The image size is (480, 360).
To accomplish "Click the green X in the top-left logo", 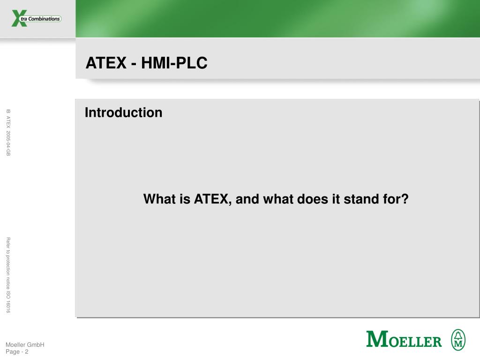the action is point(19,18).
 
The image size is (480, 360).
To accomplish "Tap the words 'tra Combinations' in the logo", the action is point(40,19).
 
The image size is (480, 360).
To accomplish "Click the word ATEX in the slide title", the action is point(106,63).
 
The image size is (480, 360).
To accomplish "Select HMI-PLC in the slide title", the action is point(174,63).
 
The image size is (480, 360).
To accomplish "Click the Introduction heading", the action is point(123,112).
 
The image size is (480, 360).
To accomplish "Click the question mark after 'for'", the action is point(405,199).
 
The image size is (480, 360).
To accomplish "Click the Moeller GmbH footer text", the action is point(25,345).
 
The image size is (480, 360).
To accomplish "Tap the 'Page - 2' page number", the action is point(17,352).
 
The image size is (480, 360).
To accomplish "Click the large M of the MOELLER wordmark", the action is point(377,339).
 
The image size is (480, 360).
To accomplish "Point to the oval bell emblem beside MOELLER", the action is point(458,340).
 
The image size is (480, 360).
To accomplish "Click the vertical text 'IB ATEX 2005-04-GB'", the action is point(8,133).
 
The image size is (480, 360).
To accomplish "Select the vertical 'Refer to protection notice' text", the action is point(8,263).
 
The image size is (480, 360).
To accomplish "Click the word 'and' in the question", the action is point(247,199).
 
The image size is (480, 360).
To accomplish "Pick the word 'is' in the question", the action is point(185,199).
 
